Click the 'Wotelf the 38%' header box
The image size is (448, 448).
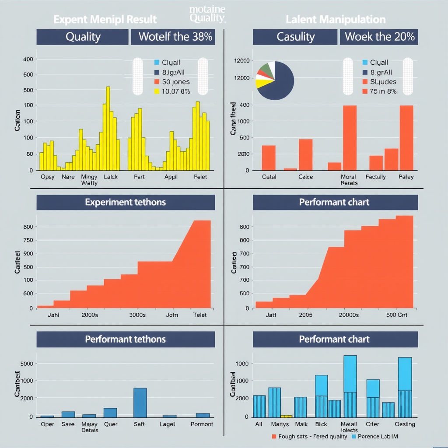[x=175, y=37]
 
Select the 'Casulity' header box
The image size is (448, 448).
[x=295, y=37]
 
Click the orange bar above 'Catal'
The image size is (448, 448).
[x=269, y=157]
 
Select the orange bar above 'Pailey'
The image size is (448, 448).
[x=406, y=138]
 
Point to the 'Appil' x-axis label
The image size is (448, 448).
[x=171, y=177]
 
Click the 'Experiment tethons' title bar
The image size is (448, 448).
[x=126, y=203]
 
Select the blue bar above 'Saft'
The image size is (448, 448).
[x=140, y=402]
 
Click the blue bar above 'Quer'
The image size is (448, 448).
[x=110, y=412]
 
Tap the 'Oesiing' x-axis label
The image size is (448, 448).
[x=405, y=424]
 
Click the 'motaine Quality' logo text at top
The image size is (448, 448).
[x=207, y=14]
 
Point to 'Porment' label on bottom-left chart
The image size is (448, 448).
[x=202, y=424]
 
